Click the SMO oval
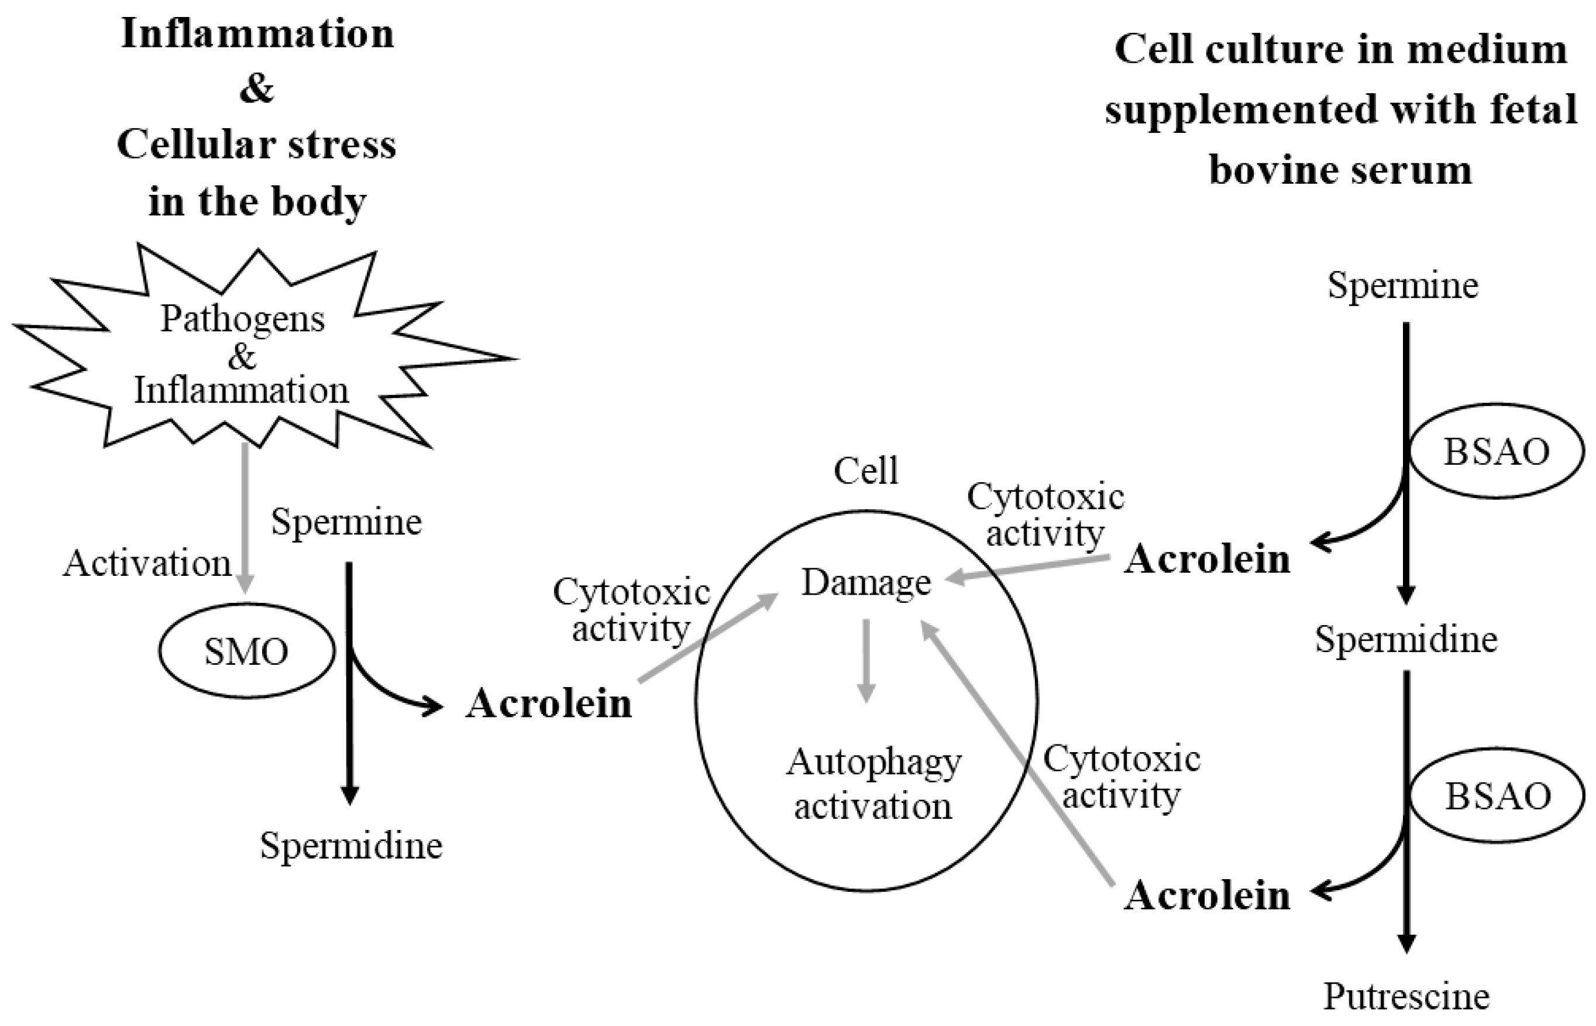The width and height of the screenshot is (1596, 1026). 246,651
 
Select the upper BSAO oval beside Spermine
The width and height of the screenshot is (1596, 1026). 1496,452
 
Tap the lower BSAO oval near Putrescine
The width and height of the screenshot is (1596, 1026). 1498,796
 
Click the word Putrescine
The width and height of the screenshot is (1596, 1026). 1406,997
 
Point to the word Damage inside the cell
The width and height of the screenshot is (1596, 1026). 866,583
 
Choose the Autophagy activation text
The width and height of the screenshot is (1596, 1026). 873,784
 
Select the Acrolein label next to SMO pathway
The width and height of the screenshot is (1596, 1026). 549,704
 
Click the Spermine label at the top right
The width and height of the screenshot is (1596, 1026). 1403,285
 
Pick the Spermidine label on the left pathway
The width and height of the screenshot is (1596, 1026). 351,846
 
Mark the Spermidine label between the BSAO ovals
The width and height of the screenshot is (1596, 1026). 1406,640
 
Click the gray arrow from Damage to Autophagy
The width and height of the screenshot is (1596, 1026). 866,660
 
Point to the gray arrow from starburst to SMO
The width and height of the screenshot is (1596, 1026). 245,517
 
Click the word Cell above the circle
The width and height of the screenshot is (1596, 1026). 866,471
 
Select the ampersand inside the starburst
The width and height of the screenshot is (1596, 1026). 241,356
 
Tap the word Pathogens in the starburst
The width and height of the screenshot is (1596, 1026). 242,318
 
